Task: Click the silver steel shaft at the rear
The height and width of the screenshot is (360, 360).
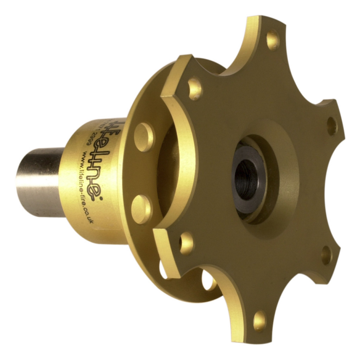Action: pos(39,183)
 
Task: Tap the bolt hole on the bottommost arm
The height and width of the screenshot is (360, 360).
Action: pos(260,320)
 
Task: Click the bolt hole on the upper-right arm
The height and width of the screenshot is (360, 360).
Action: pos(332,126)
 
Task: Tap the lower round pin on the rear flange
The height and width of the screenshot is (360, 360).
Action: pos(141,210)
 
